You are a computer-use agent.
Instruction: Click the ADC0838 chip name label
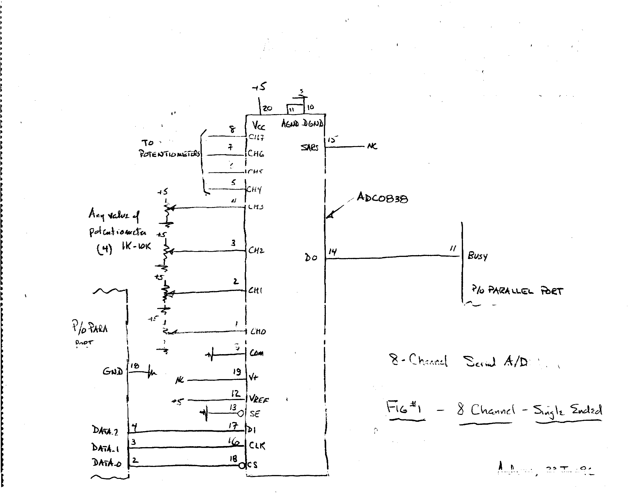coord(382,198)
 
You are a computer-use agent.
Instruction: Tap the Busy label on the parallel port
coord(477,256)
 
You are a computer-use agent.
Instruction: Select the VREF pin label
coord(259,400)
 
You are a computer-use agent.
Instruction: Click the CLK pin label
coord(257,445)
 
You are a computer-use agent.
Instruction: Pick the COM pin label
coord(256,353)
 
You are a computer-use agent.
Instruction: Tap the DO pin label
coord(311,257)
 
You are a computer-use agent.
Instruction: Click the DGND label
coord(313,124)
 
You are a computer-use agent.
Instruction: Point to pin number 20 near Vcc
coord(267,108)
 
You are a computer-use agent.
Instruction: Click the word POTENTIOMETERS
coord(170,154)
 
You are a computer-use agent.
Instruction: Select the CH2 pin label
coord(256,250)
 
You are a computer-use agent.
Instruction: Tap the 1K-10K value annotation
coord(136,247)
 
